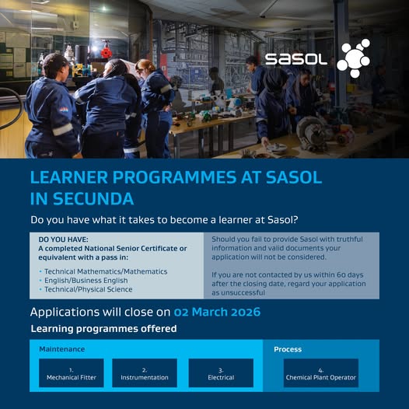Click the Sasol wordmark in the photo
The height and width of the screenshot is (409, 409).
295,59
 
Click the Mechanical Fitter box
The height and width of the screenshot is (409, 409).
71,373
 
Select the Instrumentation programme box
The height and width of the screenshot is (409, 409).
145,373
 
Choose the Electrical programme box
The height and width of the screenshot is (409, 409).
221,373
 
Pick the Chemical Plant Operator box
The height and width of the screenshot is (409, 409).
321,373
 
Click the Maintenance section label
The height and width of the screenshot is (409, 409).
62,349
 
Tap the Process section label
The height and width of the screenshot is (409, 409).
288,349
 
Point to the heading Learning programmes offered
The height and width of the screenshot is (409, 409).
103,329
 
